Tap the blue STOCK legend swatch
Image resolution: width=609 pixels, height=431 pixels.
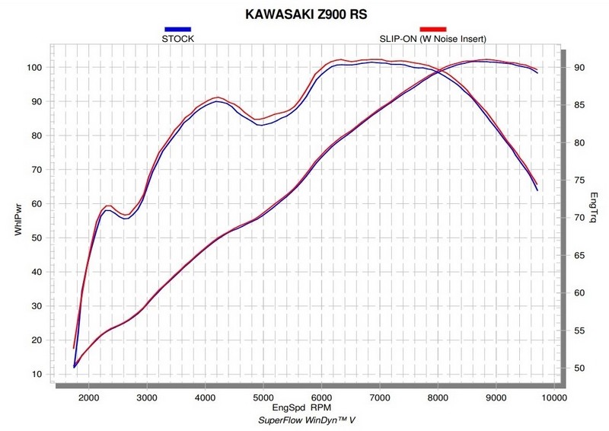pyautogui.click(x=177, y=28)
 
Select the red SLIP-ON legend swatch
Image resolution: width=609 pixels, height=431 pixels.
pyautogui.click(x=432, y=28)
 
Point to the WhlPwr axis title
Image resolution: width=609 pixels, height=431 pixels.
pyautogui.click(x=18, y=215)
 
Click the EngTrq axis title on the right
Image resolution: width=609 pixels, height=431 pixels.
pyautogui.click(x=593, y=208)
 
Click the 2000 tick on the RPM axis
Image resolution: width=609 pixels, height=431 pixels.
pyautogui.click(x=89, y=397)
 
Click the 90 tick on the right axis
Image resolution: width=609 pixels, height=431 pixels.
pyautogui.click(x=579, y=67)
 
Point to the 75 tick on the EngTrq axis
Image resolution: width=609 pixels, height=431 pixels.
pyautogui.click(x=579, y=180)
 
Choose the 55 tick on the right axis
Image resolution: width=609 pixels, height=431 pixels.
pyautogui.click(x=579, y=330)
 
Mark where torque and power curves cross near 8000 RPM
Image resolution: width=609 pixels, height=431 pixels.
pyautogui.click(x=438, y=72)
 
